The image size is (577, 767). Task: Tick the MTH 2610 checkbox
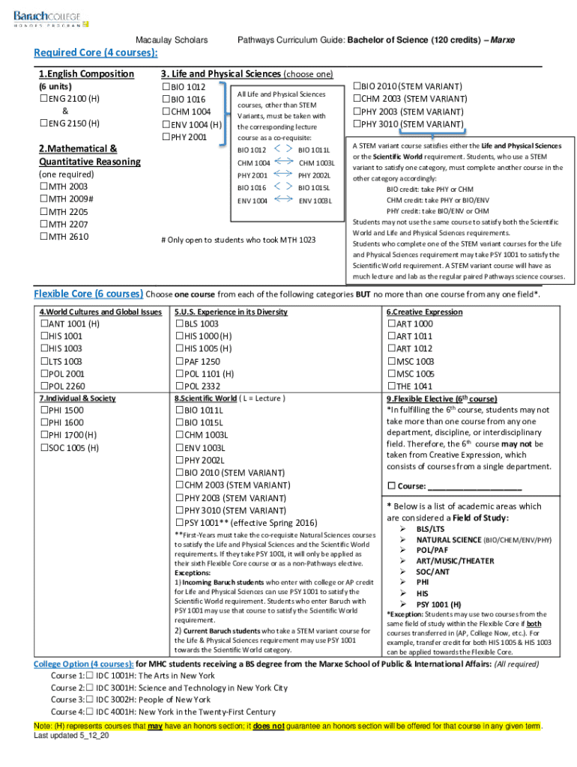coord(43,237)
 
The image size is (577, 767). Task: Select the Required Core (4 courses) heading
coord(96,52)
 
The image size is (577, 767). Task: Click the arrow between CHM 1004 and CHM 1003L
coord(286,163)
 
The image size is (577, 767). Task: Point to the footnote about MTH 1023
coord(238,240)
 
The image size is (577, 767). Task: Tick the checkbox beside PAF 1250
coord(179,361)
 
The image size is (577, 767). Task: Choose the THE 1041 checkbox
coord(391,386)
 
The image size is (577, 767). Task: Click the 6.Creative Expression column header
coord(424,312)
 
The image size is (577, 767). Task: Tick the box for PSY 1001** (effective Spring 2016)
coord(179,522)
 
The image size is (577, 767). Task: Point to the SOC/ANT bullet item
coord(434,572)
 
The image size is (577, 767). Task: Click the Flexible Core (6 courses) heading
coord(88,293)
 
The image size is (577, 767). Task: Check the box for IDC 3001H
coord(89,688)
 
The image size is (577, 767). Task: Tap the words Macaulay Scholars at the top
coord(172,39)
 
